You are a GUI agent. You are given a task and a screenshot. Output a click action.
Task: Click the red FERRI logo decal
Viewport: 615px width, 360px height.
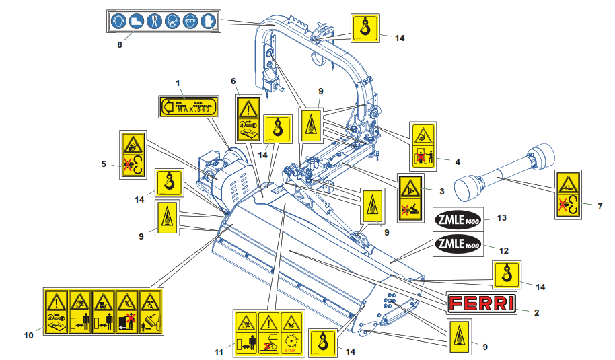[x=482, y=303]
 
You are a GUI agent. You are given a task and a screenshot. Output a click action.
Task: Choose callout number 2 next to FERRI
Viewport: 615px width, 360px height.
[x=536, y=312]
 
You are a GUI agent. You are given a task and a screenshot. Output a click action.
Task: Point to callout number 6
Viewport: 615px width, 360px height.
[x=233, y=81]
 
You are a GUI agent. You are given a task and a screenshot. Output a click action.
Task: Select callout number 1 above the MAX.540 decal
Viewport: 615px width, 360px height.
[x=178, y=83]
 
